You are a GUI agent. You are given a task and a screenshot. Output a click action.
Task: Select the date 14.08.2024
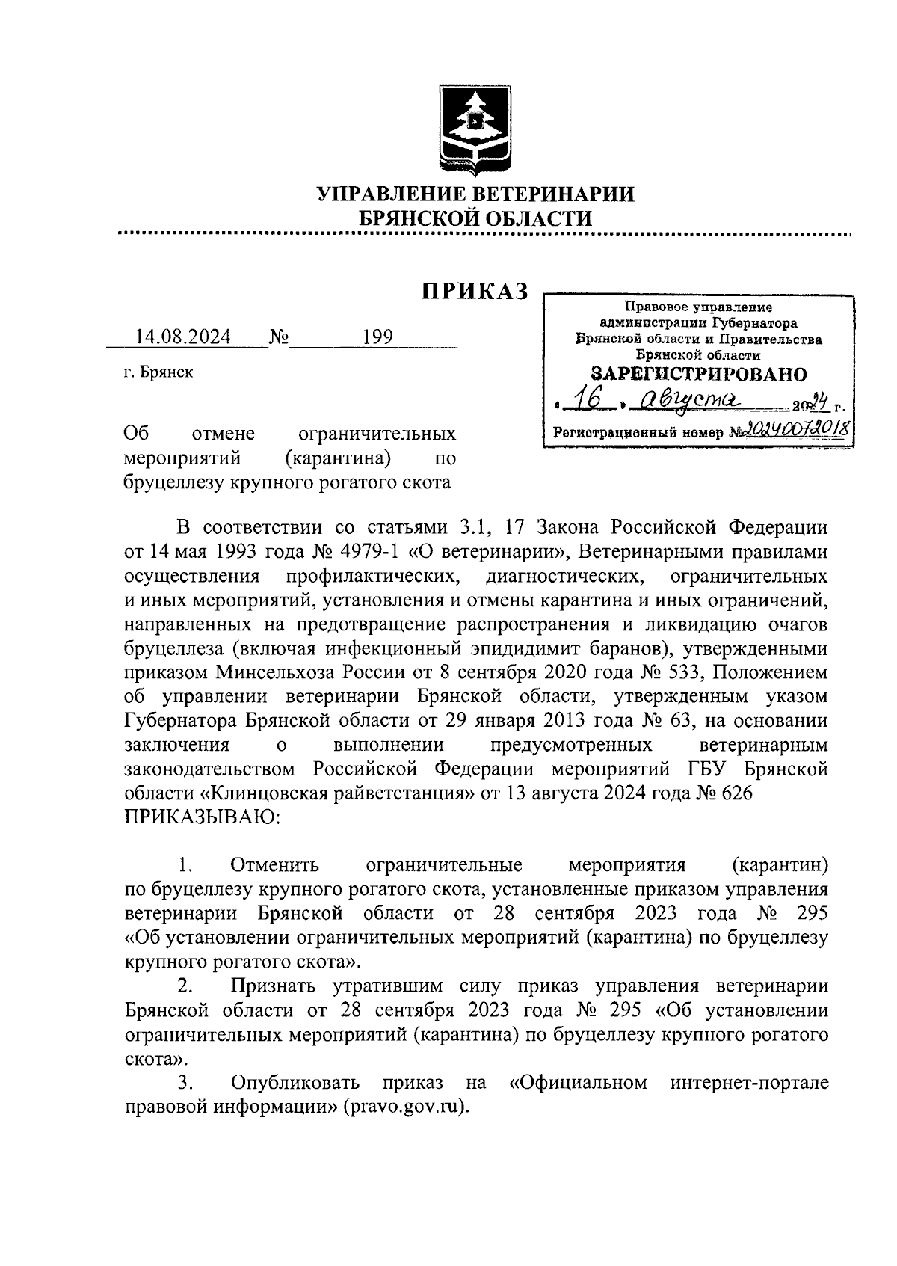tap(182, 337)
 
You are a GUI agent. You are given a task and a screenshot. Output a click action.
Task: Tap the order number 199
tap(377, 337)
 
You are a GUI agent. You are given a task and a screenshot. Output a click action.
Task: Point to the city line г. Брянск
tap(158, 372)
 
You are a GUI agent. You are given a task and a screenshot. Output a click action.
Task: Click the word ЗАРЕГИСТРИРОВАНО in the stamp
tap(698, 374)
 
